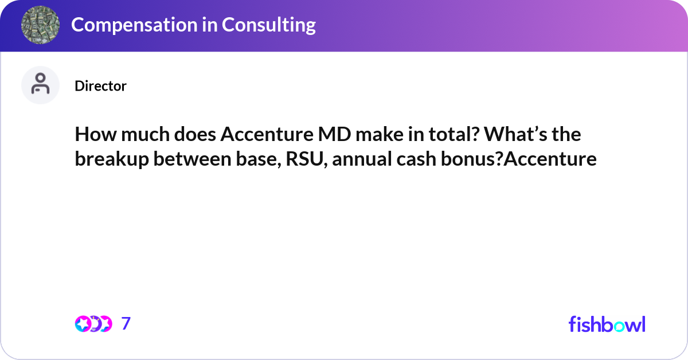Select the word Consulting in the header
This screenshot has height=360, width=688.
[x=269, y=25]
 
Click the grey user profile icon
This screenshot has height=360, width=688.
[x=41, y=85]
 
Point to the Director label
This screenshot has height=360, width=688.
[x=100, y=86]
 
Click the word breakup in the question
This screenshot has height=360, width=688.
[x=111, y=159]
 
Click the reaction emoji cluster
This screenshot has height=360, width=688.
[x=93, y=324]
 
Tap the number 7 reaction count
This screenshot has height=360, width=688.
[x=126, y=324]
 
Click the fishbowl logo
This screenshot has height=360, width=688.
[x=607, y=324]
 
